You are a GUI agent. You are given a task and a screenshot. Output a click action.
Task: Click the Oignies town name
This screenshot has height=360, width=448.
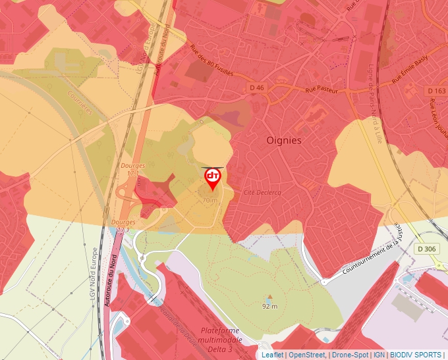pyautogui.click(x=284, y=140)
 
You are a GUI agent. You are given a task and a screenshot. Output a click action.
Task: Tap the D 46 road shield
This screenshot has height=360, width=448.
pyautogui.click(x=257, y=88)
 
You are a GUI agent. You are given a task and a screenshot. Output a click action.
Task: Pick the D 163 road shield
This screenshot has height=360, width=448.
pyautogui.click(x=435, y=91)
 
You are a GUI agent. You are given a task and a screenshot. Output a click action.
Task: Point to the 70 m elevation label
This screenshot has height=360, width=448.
pyautogui.click(x=210, y=199)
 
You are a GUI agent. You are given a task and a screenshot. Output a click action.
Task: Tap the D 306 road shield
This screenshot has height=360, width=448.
pyautogui.click(x=426, y=249)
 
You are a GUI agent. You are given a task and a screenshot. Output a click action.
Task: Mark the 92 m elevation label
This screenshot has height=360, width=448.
pyautogui.click(x=269, y=306)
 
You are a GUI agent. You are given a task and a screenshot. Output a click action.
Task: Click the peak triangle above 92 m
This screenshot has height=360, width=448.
pyautogui.click(x=269, y=297)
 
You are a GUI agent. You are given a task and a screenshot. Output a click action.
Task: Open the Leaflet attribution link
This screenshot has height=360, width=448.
pyautogui.click(x=272, y=355)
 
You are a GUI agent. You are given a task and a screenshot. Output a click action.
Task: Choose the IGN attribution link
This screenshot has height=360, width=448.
pyautogui.click(x=379, y=355)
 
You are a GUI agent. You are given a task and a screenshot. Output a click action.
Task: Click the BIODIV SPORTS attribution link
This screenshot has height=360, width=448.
pyautogui.click(x=416, y=355)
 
